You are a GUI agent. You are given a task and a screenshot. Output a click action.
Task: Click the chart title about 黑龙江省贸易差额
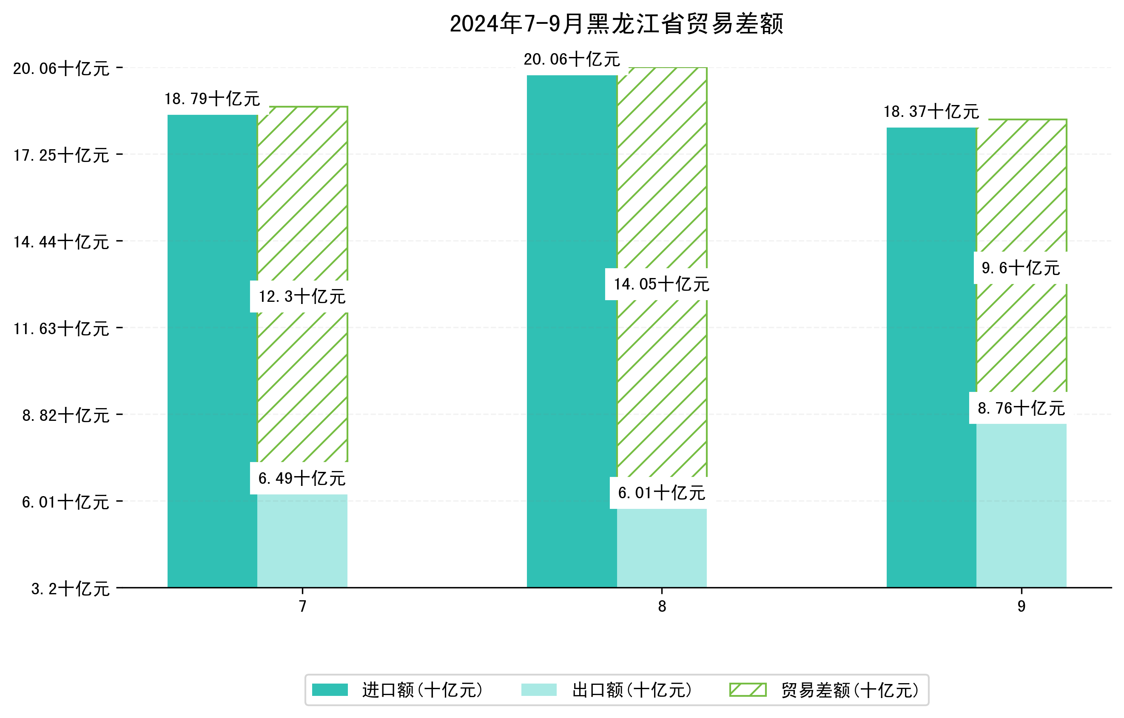tap(616, 24)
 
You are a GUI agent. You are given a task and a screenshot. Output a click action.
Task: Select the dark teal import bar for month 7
tap(212, 350)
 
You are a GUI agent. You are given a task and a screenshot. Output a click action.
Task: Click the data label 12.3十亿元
tap(302, 297)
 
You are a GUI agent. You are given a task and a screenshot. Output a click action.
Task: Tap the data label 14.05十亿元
tap(661, 284)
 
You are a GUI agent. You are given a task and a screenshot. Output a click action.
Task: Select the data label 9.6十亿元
tap(1021, 268)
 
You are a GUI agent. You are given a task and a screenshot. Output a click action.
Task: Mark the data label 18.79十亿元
tap(212, 99)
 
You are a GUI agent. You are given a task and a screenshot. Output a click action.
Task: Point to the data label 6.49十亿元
tap(302, 478)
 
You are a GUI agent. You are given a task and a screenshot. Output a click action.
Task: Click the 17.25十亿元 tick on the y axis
tap(61, 155)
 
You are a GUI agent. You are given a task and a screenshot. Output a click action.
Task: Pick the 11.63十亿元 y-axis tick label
tap(61, 329)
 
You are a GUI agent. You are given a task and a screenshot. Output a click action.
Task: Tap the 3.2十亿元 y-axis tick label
tap(70, 589)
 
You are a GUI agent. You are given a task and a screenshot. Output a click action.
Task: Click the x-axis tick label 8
tap(662, 606)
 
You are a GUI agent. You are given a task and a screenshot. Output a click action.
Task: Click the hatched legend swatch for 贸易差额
tap(748, 690)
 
